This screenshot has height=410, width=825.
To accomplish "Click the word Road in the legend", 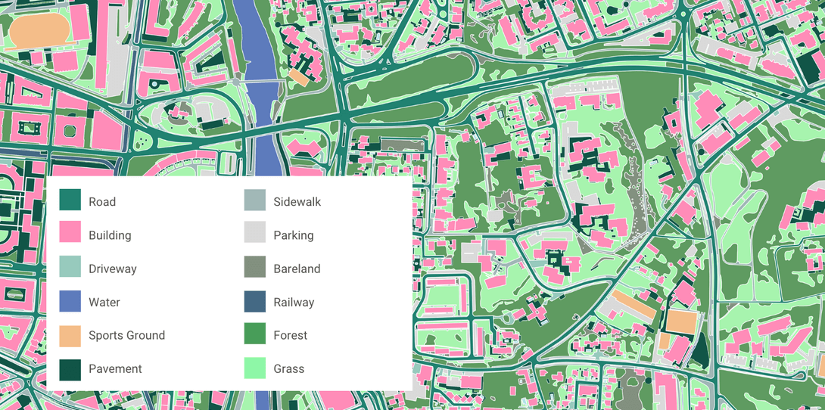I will click(101, 202).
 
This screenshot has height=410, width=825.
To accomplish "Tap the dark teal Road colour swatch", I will click(70, 200).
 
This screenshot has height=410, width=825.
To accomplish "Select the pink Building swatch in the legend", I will click(70, 234).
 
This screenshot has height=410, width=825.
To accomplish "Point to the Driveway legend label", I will click(112, 269).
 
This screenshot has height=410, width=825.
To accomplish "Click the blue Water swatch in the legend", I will click(70, 301).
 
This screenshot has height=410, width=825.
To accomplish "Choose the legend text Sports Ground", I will click(126, 335).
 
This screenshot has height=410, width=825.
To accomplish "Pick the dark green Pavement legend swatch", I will click(70, 368).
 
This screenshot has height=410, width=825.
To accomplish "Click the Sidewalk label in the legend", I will click(297, 202).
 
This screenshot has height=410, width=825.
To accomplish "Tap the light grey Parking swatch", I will click(255, 234).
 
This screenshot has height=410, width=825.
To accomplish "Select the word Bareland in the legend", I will click(297, 269).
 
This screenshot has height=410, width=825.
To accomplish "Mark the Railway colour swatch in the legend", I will click(255, 301).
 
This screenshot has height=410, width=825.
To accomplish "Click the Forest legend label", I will click(290, 335).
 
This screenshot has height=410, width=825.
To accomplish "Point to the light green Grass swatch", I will click(255, 368).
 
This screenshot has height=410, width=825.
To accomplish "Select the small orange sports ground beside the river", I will click(299, 77).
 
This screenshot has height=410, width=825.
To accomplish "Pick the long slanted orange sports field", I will click(634, 303).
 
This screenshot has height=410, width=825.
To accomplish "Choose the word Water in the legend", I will click(104, 302).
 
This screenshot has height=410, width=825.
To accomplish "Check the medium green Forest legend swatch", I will click(255, 334).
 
